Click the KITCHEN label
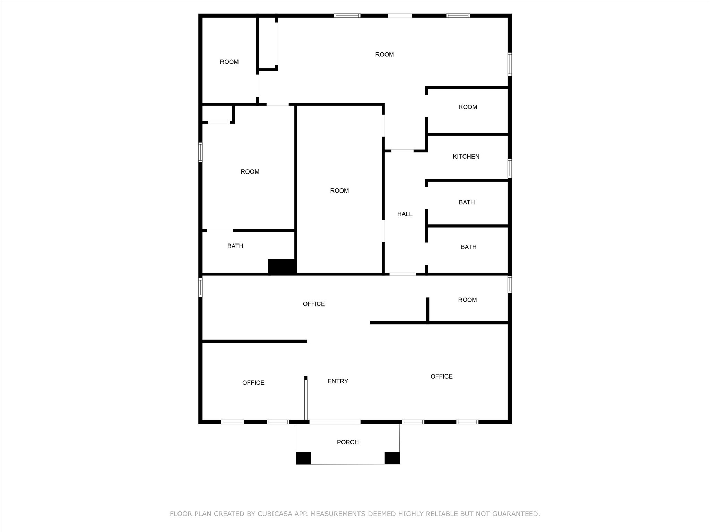[x=466, y=157]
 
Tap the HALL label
[x=405, y=214]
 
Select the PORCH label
[x=348, y=442]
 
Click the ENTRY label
[x=338, y=381]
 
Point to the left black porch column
[x=303, y=458]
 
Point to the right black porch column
[x=392, y=458]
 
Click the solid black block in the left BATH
[x=282, y=266]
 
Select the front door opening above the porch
[x=335, y=422]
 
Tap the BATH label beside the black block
[x=235, y=246]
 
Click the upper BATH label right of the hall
[x=467, y=202]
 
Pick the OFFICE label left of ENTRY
[x=253, y=383]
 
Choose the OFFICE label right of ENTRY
[x=441, y=376]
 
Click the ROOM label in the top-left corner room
[x=229, y=62]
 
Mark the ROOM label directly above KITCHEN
[x=468, y=107]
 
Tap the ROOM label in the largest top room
[x=384, y=55]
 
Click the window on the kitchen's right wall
[x=510, y=168]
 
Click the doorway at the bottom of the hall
[x=402, y=274]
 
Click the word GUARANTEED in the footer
[x=516, y=514]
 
